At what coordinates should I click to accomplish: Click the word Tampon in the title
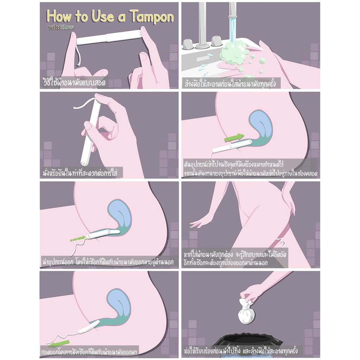(x=152, y=17)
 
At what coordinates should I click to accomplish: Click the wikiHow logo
(x=60, y=27)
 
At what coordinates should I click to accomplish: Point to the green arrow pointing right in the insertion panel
(x=234, y=137)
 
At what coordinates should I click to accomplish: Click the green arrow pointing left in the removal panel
(x=59, y=344)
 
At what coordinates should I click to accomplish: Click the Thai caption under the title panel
(x=75, y=82)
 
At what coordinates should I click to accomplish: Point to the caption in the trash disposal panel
(x=240, y=351)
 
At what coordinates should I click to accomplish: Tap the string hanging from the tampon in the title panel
(x=78, y=55)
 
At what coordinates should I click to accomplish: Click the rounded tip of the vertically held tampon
(x=84, y=162)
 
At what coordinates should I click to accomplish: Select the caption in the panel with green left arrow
(x=89, y=352)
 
